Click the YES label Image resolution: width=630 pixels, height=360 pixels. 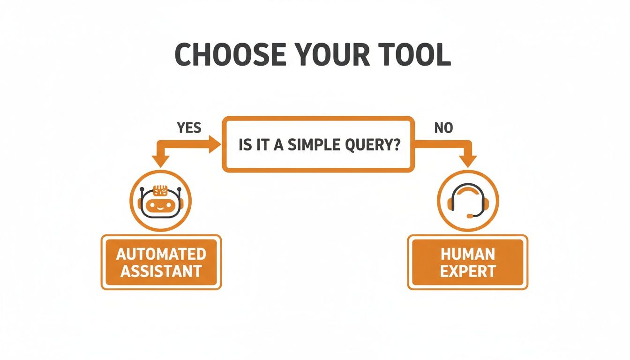(x=189, y=127)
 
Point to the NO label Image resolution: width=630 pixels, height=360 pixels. (x=443, y=127)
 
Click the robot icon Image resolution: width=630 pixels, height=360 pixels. (x=160, y=201)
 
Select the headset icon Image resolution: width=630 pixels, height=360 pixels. (x=468, y=201)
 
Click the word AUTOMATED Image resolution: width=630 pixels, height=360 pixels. (x=161, y=254)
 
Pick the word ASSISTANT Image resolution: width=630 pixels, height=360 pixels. (x=161, y=271)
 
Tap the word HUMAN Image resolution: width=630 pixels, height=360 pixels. (x=468, y=254)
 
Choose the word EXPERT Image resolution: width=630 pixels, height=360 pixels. (x=468, y=271)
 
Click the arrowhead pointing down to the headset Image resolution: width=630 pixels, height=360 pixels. (x=468, y=160)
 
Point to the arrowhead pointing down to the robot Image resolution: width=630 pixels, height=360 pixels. (x=160, y=160)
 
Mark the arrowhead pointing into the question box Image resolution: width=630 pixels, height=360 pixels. (x=215, y=145)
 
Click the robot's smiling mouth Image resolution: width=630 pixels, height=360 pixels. (x=160, y=207)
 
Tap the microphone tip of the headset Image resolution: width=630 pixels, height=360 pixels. (x=468, y=216)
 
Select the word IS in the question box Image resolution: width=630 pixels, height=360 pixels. (x=246, y=145)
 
